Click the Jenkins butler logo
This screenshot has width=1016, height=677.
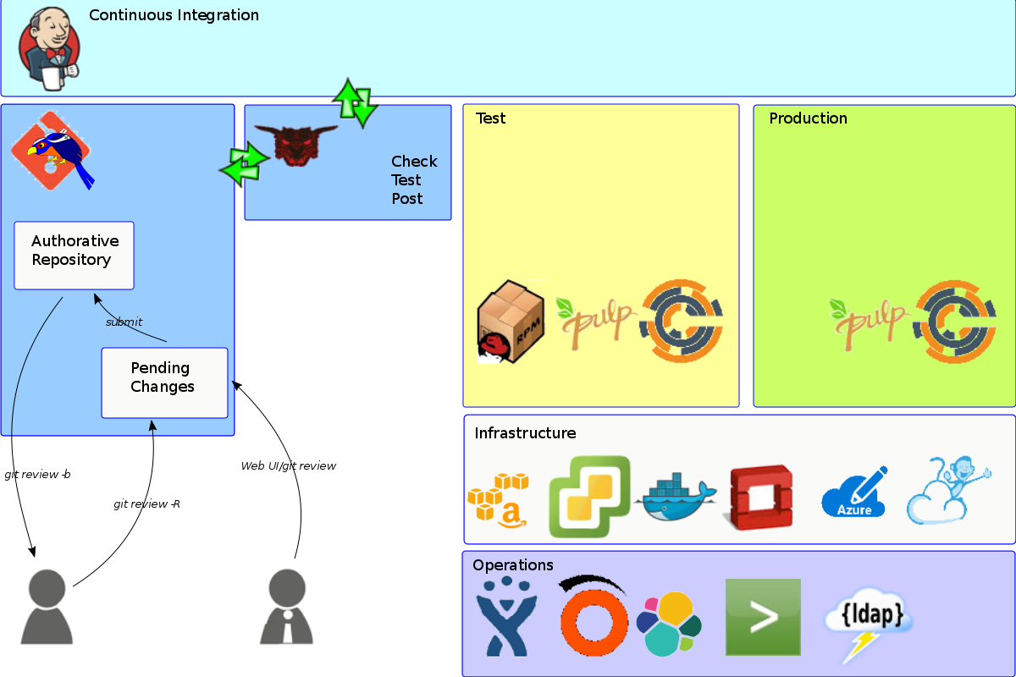pyautogui.click(x=50, y=48)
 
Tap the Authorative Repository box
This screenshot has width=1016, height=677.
pyautogui.click(x=75, y=255)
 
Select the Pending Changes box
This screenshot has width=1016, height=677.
pyautogui.click(x=164, y=383)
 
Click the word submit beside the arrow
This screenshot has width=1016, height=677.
pyautogui.click(x=124, y=322)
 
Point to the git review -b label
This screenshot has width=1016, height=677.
pyautogui.click(x=37, y=475)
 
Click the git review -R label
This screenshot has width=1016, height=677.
pyautogui.click(x=146, y=504)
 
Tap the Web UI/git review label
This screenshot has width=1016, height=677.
pyautogui.click(x=288, y=466)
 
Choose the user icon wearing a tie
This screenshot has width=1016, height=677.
pyautogui.click(x=287, y=607)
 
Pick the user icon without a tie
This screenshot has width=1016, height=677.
pyautogui.click(x=47, y=607)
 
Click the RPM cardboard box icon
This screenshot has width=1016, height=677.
pyautogui.click(x=509, y=322)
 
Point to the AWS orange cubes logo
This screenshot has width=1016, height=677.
pyautogui.click(x=499, y=499)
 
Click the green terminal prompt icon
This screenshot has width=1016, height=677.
pyautogui.click(x=763, y=617)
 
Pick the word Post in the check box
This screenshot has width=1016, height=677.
pyautogui.click(x=407, y=199)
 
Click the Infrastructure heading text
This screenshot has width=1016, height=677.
pyautogui.click(x=525, y=433)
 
